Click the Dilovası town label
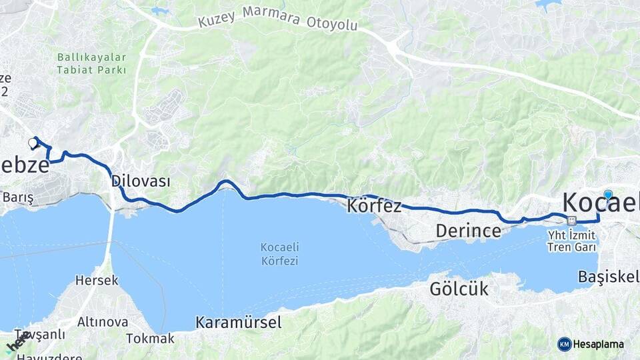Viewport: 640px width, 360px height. [141, 181]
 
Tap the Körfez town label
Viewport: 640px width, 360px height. [374, 206]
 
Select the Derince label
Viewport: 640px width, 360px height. [468, 231]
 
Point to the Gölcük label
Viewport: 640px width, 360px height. [459, 289]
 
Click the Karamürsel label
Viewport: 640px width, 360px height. [238, 323]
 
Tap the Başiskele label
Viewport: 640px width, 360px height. [609, 276]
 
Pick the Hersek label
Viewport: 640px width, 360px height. [97, 281]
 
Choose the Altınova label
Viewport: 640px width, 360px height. [103, 322]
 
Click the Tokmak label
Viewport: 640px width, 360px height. [150, 338]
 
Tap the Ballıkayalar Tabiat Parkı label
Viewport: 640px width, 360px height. [91, 63]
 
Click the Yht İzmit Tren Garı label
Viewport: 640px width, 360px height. [571, 241]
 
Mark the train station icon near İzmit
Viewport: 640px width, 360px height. [571, 221]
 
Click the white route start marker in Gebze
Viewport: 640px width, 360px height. [33, 143]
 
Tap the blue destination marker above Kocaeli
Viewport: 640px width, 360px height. [608, 195]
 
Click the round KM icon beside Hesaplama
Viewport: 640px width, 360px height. [564, 344]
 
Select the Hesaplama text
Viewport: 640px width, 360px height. [599, 345]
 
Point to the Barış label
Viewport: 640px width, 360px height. [18, 197]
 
